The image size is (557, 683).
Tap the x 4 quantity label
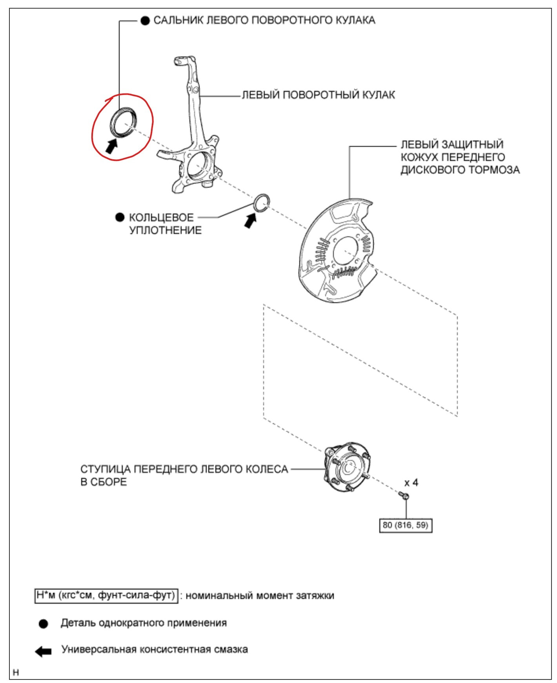coord(411,482)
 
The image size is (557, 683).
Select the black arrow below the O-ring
coord(250,220)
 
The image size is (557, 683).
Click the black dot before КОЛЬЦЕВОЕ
coord(120,217)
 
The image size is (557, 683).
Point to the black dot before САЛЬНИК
coord(145,21)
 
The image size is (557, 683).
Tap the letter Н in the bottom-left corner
coord(16,673)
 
